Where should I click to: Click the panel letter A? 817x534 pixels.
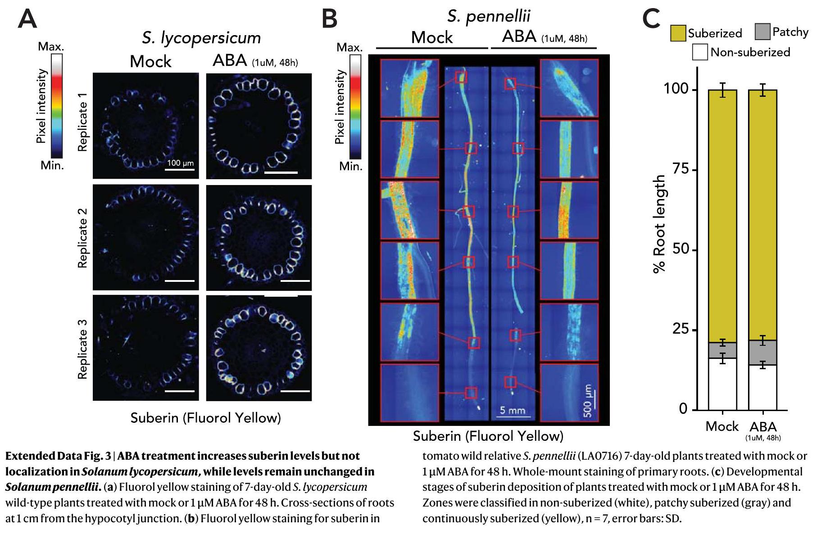[x=27, y=20]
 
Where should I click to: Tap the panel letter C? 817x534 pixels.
[x=651, y=19]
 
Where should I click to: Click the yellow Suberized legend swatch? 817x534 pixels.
[x=677, y=33]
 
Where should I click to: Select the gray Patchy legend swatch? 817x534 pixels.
[x=762, y=32]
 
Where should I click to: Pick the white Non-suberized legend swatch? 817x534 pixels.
[x=700, y=52]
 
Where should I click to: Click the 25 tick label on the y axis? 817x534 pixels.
[x=680, y=330]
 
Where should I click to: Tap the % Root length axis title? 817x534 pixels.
[x=659, y=224]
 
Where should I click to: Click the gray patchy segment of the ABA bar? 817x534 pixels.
[x=763, y=353]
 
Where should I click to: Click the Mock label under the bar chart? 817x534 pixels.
[x=722, y=426]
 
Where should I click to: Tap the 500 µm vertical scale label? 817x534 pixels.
[x=588, y=401]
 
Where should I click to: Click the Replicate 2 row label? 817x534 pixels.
[x=82, y=238]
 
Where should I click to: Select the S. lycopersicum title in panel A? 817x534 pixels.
[x=201, y=38]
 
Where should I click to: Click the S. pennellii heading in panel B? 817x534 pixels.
[x=489, y=16]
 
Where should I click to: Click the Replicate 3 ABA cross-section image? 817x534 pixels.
[x=259, y=348]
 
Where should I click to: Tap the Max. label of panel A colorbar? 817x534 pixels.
[x=51, y=47]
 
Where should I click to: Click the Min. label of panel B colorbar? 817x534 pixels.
[x=350, y=167]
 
